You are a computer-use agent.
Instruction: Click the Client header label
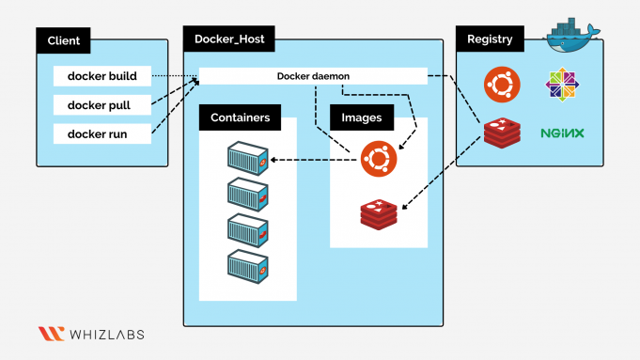tap(64, 41)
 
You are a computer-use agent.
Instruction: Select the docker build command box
tap(102, 76)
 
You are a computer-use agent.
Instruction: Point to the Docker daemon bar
tap(313, 76)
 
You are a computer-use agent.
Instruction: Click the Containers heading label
tap(241, 117)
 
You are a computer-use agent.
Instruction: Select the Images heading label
tap(362, 117)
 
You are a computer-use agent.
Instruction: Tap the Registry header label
tap(490, 39)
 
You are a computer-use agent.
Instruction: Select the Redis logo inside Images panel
tap(378, 214)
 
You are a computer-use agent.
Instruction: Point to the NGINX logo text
tap(562, 133)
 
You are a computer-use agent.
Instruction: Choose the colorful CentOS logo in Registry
tap(561, 86)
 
